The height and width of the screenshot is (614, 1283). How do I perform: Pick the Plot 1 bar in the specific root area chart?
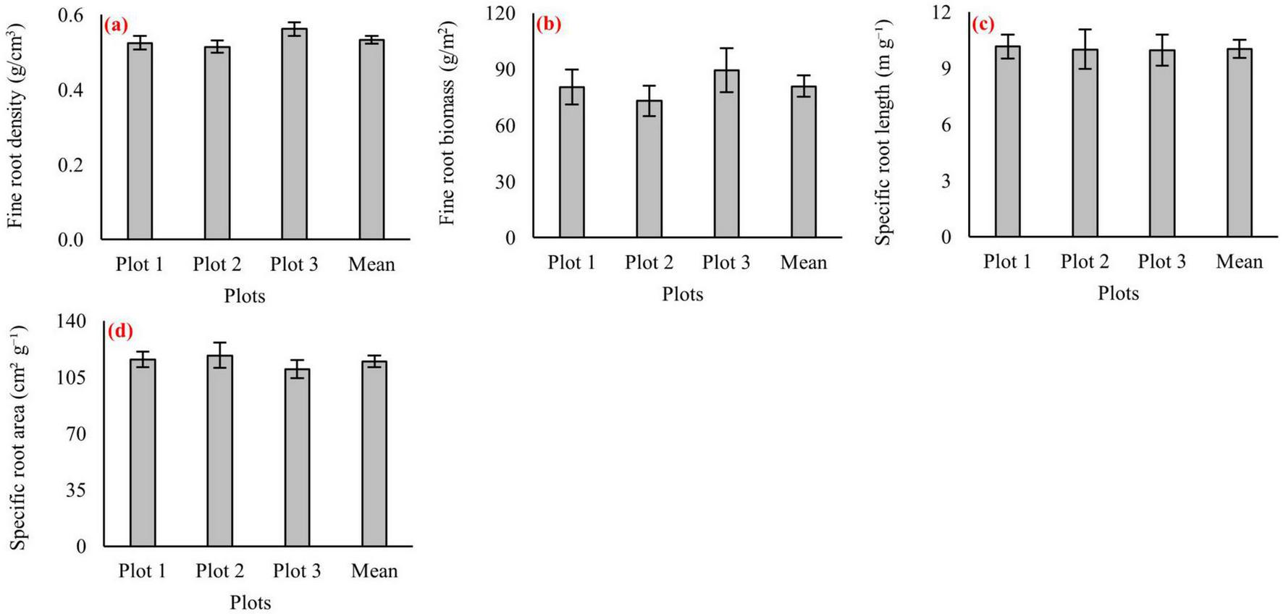pyautogui.click(x=143, y=453)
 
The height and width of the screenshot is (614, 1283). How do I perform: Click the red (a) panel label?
pyautogui.click(x=116, y=26)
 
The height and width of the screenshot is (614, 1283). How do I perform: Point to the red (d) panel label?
pyautogui.click(x=120, y=332)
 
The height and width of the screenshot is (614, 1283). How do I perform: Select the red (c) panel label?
pyautogui.click(x=983, y=25)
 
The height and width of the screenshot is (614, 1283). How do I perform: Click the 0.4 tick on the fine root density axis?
pyautogui.click(x=70, y=91)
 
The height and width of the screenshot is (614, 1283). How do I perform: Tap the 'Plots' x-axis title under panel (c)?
pyautogui.click(x=1118, y=293)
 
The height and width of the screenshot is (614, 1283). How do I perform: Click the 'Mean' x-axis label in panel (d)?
pyautogui.click(x=374, y=571)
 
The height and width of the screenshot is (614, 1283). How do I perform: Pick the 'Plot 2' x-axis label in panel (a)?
pyautogui.click(x=216, y=264)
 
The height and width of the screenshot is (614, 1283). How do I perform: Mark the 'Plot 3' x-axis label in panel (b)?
pyautogui.click(x=726, y=262)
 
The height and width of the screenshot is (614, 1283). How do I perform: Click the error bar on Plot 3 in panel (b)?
pyautogui.click(x=726, y=70)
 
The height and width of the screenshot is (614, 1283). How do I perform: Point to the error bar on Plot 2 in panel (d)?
pyautogui.click(x=219, y=355)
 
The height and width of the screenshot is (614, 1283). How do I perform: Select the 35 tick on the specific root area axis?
pyautogui.click(x=75, y=490)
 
